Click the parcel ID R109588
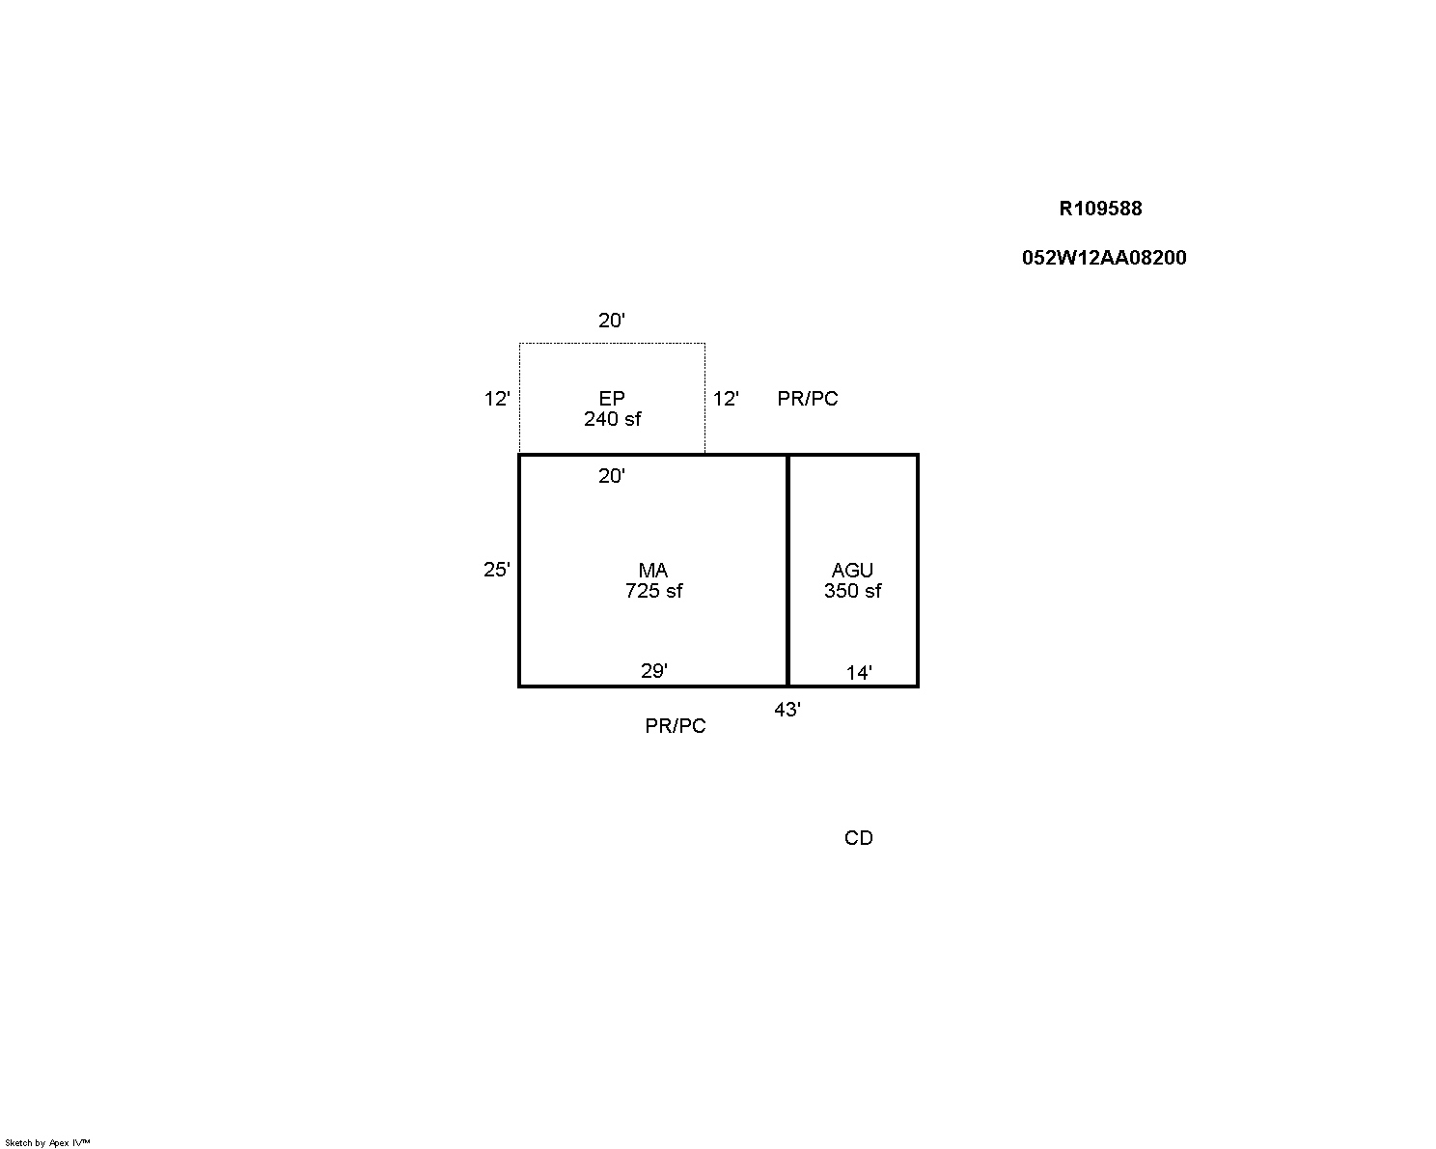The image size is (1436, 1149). click(1100, 209)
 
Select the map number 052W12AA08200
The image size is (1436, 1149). click(1104, 258)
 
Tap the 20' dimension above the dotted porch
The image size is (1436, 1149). click(611, 321)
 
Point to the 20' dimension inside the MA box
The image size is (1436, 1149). click(611, 475)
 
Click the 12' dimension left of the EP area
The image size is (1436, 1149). click(496, 399)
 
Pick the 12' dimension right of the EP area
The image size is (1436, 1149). click(726, 399)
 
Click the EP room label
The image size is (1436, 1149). click(612, 399)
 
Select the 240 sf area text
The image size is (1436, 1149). click(613, 419)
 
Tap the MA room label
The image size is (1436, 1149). click(652, 571)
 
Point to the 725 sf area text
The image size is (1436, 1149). click(654, 591)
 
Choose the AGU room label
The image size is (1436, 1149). click(852, 571)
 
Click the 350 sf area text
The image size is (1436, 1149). click(852, 591)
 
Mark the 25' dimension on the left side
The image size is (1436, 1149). click(496, 570)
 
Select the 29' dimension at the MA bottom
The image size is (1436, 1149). click(654, 671)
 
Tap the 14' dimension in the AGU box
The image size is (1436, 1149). click(859, 672)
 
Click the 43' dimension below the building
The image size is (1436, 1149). click(787, 710)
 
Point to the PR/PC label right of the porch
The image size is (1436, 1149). click(808, 399)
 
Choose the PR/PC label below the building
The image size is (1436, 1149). click(676, 726)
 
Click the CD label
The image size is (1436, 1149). click(858, 838)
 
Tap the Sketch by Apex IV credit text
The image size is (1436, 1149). click(47, 1143)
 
